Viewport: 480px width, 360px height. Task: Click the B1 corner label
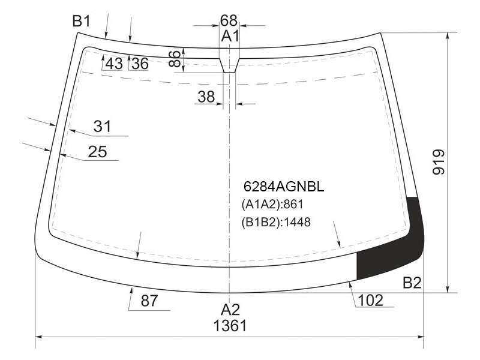[x=82, y=22]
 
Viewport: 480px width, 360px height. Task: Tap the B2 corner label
[x=412, y=283]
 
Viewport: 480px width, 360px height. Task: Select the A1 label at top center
[x=230, y=36]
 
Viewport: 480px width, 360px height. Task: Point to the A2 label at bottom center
[x=230, y=310]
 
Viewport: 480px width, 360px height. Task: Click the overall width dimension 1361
[x=230, y=326]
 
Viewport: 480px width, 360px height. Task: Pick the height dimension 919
[x=439, y=162]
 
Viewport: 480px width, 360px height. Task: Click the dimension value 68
[x=229, y=20]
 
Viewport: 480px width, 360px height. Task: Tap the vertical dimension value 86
[x=175, y=58]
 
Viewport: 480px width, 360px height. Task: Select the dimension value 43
[x=114, y=64]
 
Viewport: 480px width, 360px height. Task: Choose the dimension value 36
[x=140, y=64]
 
